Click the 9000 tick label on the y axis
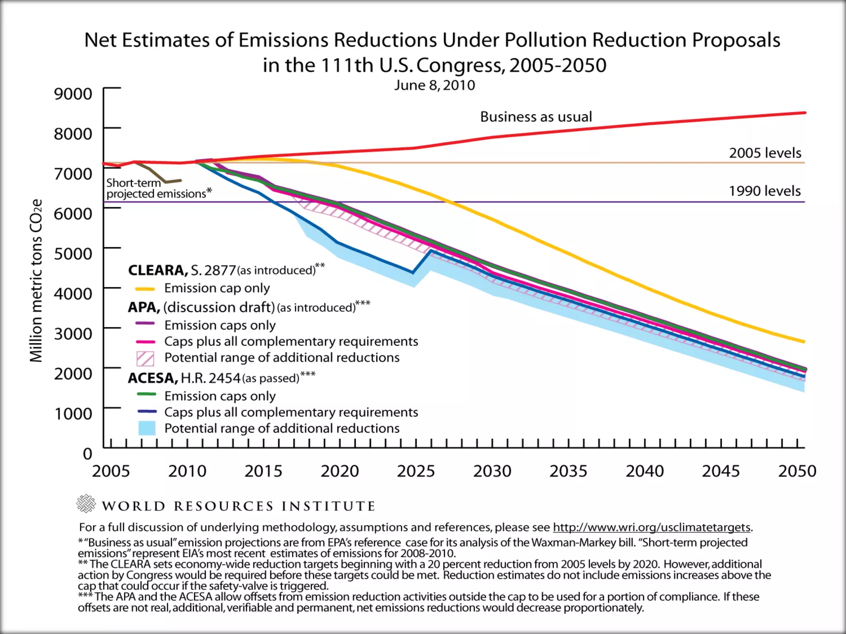click(x=73, y=94)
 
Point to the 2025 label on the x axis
click(x=416, y=471)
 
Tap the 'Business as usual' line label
click(x=536, y=117)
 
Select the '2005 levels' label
click(x=765, y=153)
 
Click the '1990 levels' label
click(x=764, y=191)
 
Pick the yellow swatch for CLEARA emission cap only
click(x=145, y=289)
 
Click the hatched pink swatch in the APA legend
click(x=145, y=358)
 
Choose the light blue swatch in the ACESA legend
click(x=147, y=428)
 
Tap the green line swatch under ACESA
click(x=146, y=395)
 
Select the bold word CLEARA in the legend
click(x=157, y=270)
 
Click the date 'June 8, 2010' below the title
click(x=434, y=85)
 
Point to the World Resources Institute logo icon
click(x=86, y=504)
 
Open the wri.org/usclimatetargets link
click(x=651, y=528)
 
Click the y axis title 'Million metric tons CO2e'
click(x=36, y=281)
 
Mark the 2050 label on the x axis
click(x=797, y=471)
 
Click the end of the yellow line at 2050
click(x=803, y=341)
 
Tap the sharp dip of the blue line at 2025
click(x=413, y=272)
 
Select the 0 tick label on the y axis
click(x=87, y=454)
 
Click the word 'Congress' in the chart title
click(x=460, y=65)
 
